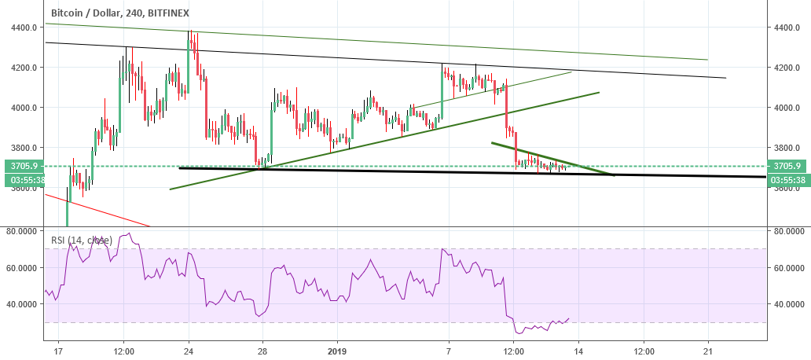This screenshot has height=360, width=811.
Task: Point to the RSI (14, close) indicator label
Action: pos(78,240)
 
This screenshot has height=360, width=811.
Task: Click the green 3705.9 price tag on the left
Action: pos(20,166)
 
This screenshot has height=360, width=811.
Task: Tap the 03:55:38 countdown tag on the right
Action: pos(787,179)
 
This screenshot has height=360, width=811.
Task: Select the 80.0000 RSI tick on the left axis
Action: pos(20,232)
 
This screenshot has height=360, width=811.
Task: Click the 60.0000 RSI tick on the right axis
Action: pos(787,268)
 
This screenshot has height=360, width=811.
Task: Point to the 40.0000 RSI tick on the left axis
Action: pos(20,303)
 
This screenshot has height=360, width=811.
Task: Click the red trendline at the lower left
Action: pos(94,209)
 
